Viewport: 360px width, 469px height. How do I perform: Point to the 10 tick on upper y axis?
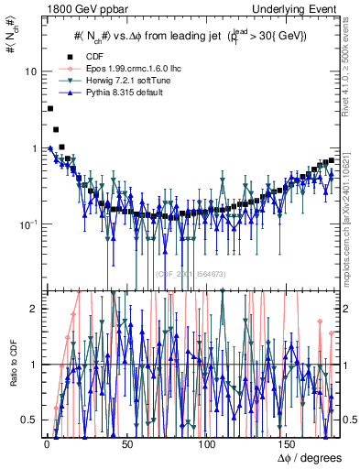[28, 71]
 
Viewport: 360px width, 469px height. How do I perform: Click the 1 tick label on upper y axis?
[32, 148]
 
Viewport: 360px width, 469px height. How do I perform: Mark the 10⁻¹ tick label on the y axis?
[27, 224]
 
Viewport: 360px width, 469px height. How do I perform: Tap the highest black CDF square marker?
[49, 108]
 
